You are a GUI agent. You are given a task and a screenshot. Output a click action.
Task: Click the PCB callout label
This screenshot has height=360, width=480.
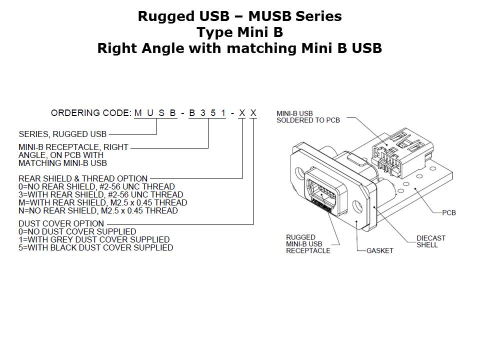pos(448,213)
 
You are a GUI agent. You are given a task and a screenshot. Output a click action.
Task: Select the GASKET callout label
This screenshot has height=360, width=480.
pos(379,250)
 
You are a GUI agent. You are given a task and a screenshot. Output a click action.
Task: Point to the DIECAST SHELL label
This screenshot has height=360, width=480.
pos(430,241)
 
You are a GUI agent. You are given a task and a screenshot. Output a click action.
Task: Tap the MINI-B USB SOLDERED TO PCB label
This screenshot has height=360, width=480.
pos(308,116)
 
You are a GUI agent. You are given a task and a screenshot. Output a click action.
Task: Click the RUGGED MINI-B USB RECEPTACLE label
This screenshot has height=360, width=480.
pos(308,244)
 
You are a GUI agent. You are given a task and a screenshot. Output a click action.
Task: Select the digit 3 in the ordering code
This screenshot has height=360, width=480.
pos(203,113)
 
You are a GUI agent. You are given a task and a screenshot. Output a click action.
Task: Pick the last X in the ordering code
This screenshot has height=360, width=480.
pos(253,113)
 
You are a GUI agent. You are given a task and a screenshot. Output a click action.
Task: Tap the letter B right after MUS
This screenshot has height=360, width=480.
pos(172,113)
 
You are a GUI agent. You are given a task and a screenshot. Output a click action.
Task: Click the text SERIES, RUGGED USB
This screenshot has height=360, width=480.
pos(62,134)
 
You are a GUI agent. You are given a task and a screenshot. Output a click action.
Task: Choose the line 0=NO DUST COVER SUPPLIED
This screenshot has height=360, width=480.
pos(77,231)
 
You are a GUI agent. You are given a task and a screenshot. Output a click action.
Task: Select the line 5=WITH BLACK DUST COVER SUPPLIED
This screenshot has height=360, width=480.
pos(95,247)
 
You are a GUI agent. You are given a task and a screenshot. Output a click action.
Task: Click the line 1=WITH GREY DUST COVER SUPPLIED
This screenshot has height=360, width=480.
pos(94,239)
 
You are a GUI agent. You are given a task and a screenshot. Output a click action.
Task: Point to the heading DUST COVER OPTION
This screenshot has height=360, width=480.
pos(61,223)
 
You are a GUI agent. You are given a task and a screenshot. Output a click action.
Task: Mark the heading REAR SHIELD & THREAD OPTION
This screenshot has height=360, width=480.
pos(83,178)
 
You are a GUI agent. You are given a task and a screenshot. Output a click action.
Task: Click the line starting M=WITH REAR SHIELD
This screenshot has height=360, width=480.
pos(102,202)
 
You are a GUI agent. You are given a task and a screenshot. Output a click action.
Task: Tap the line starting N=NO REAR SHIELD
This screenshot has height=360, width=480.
pos(98,210)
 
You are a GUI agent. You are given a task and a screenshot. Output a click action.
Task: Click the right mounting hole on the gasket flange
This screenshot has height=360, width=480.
pos(356,206)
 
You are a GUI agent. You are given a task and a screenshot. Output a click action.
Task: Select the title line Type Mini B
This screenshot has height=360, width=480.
pos(239,32)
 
